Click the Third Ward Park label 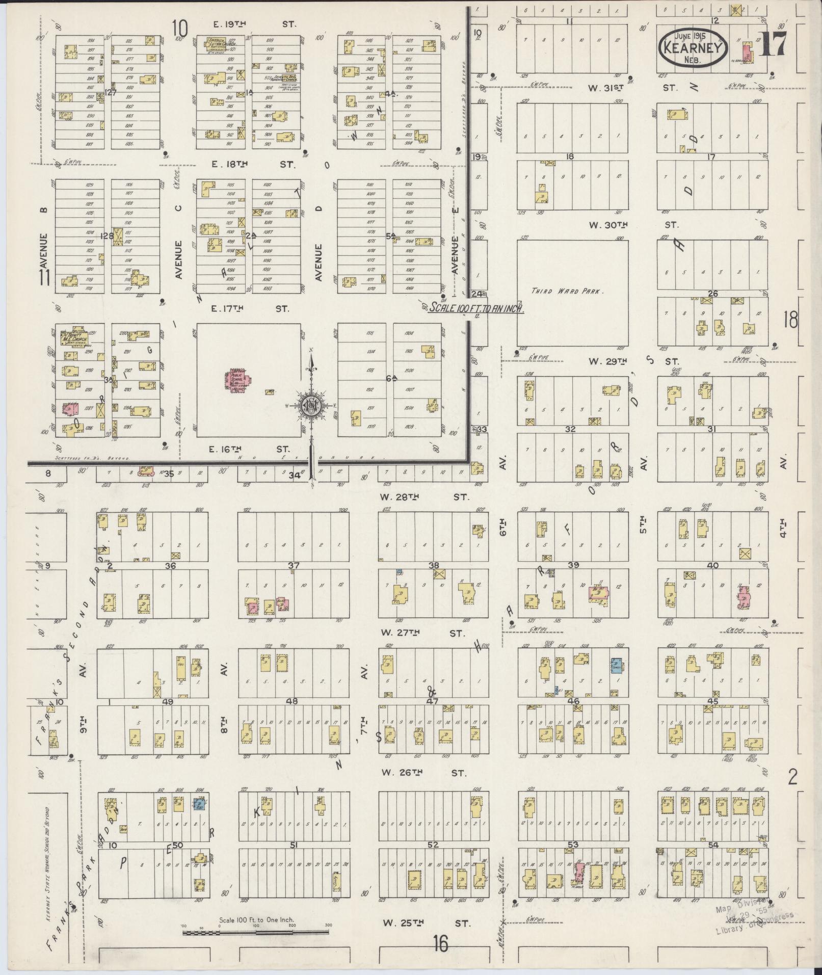click(567, 292)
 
